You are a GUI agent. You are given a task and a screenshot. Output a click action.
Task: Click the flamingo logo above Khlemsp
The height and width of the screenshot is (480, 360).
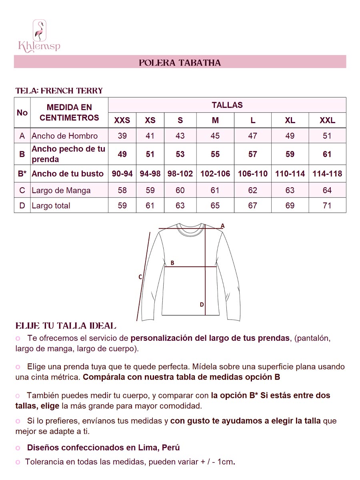click(39, 30)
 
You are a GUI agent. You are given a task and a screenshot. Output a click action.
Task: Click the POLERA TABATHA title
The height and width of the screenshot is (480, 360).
click(180, 63)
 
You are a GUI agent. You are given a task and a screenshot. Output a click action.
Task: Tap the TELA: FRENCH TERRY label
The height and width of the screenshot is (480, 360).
click(59, 91)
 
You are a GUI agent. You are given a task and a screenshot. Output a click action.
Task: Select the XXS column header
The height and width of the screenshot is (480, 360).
click(122, 120)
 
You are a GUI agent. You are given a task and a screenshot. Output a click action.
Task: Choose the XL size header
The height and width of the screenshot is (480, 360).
click(290, 120)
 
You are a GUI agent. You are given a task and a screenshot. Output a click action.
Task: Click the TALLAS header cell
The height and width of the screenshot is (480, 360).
click(227, 105)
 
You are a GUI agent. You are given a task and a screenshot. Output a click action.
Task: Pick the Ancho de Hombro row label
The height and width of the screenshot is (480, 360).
click(64, 136)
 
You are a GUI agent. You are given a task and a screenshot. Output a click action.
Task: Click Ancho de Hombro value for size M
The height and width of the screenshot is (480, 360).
click(215, 136)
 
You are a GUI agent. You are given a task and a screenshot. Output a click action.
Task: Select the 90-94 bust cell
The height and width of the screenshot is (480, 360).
click(122, 174)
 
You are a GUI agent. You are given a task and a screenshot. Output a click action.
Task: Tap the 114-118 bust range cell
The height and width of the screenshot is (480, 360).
click(327, 174)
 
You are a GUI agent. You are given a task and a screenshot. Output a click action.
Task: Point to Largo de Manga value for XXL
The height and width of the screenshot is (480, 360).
click(327, 190)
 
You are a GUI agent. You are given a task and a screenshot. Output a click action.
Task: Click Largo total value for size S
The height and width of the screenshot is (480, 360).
click(180, 206)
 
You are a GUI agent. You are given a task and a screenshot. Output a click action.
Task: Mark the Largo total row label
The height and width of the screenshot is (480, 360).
click(51, 206)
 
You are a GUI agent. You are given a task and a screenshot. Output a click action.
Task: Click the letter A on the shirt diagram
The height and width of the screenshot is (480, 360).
click(223, 226)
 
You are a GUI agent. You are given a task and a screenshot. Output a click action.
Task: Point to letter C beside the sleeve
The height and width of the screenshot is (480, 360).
click(140, 277)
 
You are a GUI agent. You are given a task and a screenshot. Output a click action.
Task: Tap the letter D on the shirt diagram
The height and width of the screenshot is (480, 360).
click(202, 305)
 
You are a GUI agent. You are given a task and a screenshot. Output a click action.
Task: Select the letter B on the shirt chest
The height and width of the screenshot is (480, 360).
click(172, 263)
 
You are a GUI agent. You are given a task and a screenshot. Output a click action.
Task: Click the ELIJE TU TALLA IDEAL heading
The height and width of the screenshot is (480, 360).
click(66, 326)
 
